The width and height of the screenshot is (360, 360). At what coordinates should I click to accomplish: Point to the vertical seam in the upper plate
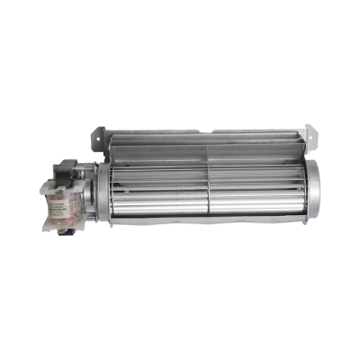tap(208, 149)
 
